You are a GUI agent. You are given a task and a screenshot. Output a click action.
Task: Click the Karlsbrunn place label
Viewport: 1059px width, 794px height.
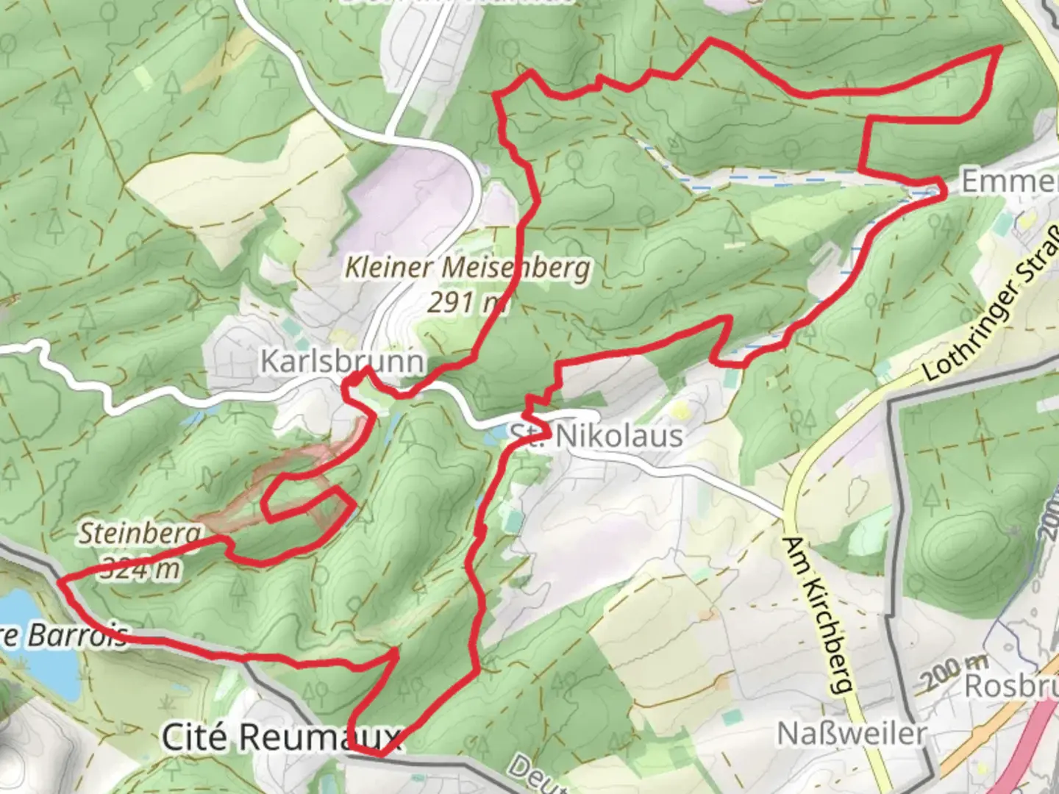click(342, 362)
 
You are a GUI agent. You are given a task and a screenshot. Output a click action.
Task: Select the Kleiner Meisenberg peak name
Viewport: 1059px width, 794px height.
click(468, 268)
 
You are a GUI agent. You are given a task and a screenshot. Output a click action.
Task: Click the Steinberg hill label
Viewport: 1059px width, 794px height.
click(140, 533)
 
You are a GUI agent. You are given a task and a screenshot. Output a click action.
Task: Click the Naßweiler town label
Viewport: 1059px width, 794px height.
click(852, 733)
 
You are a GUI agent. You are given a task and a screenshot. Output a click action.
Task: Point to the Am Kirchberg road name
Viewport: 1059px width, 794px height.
click(819, 615)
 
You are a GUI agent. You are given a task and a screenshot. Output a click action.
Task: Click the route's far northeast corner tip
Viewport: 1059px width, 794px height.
click(1000, 48)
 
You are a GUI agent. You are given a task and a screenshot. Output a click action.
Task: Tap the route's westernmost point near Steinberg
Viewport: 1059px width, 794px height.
click(60, 581)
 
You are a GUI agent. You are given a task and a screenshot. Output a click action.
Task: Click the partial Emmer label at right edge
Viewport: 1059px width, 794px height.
click(1009, 181)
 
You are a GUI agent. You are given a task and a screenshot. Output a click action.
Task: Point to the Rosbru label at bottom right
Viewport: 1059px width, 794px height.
click(1010, 686)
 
